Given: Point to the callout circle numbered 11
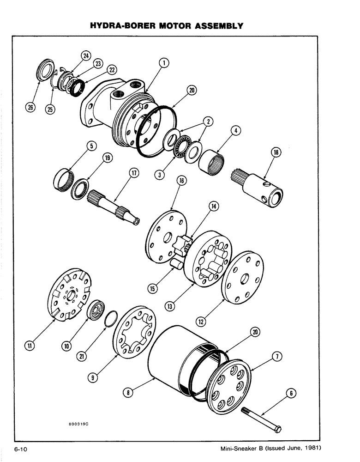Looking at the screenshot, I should [29, 345].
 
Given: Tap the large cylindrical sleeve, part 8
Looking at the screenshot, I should [171, 360].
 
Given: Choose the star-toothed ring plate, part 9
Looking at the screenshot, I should [134, 332].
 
